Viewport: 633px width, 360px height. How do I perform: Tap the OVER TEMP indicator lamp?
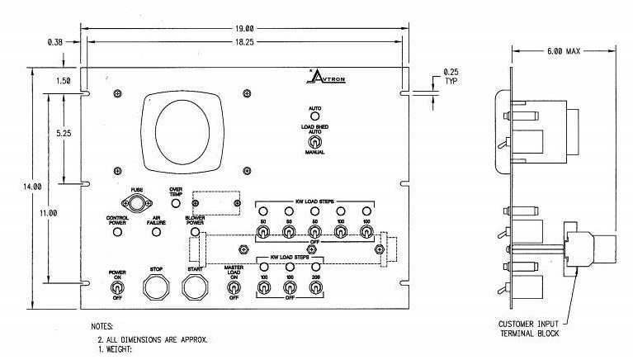coord(175,206)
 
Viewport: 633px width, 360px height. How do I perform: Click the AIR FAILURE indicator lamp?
coord(156,232)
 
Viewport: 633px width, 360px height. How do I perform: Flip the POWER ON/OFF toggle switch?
coord(117,288)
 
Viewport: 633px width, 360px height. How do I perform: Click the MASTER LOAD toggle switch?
coord(234,288)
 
